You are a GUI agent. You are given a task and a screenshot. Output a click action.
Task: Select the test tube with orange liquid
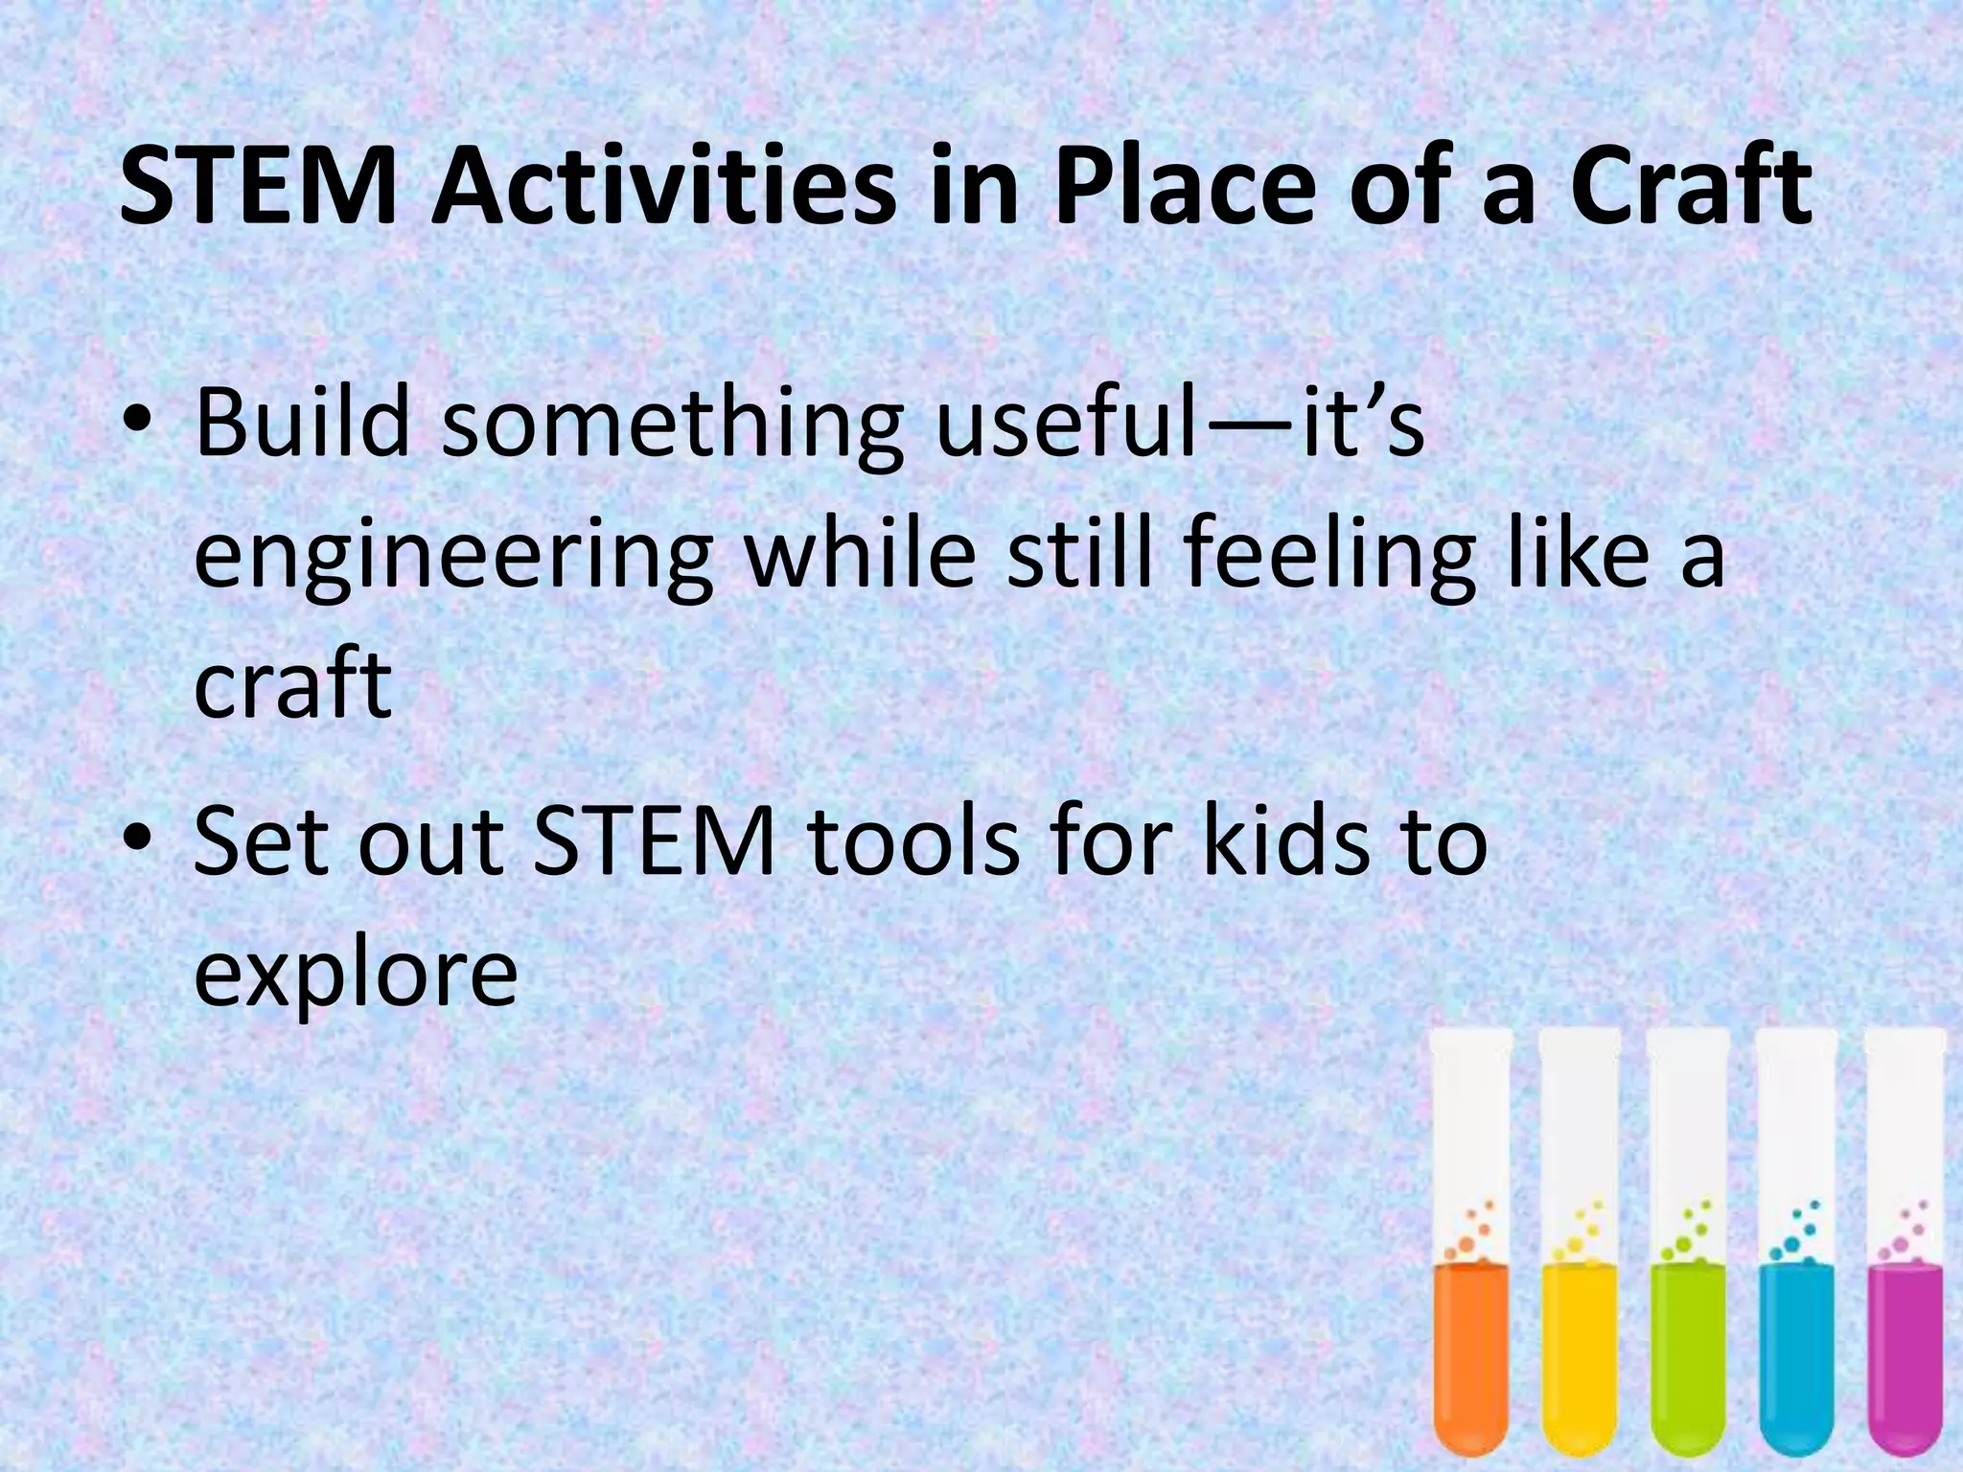(x=1470, y=1246)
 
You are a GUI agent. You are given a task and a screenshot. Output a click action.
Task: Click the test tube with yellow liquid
(x=1580, y=1246)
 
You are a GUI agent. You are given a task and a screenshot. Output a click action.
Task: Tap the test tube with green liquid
(x=1688, y=1246)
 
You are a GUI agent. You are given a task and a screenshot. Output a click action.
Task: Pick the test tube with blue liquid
(x=1797, y=1246)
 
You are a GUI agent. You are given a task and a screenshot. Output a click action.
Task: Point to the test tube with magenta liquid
(x=1905, y=1246)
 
